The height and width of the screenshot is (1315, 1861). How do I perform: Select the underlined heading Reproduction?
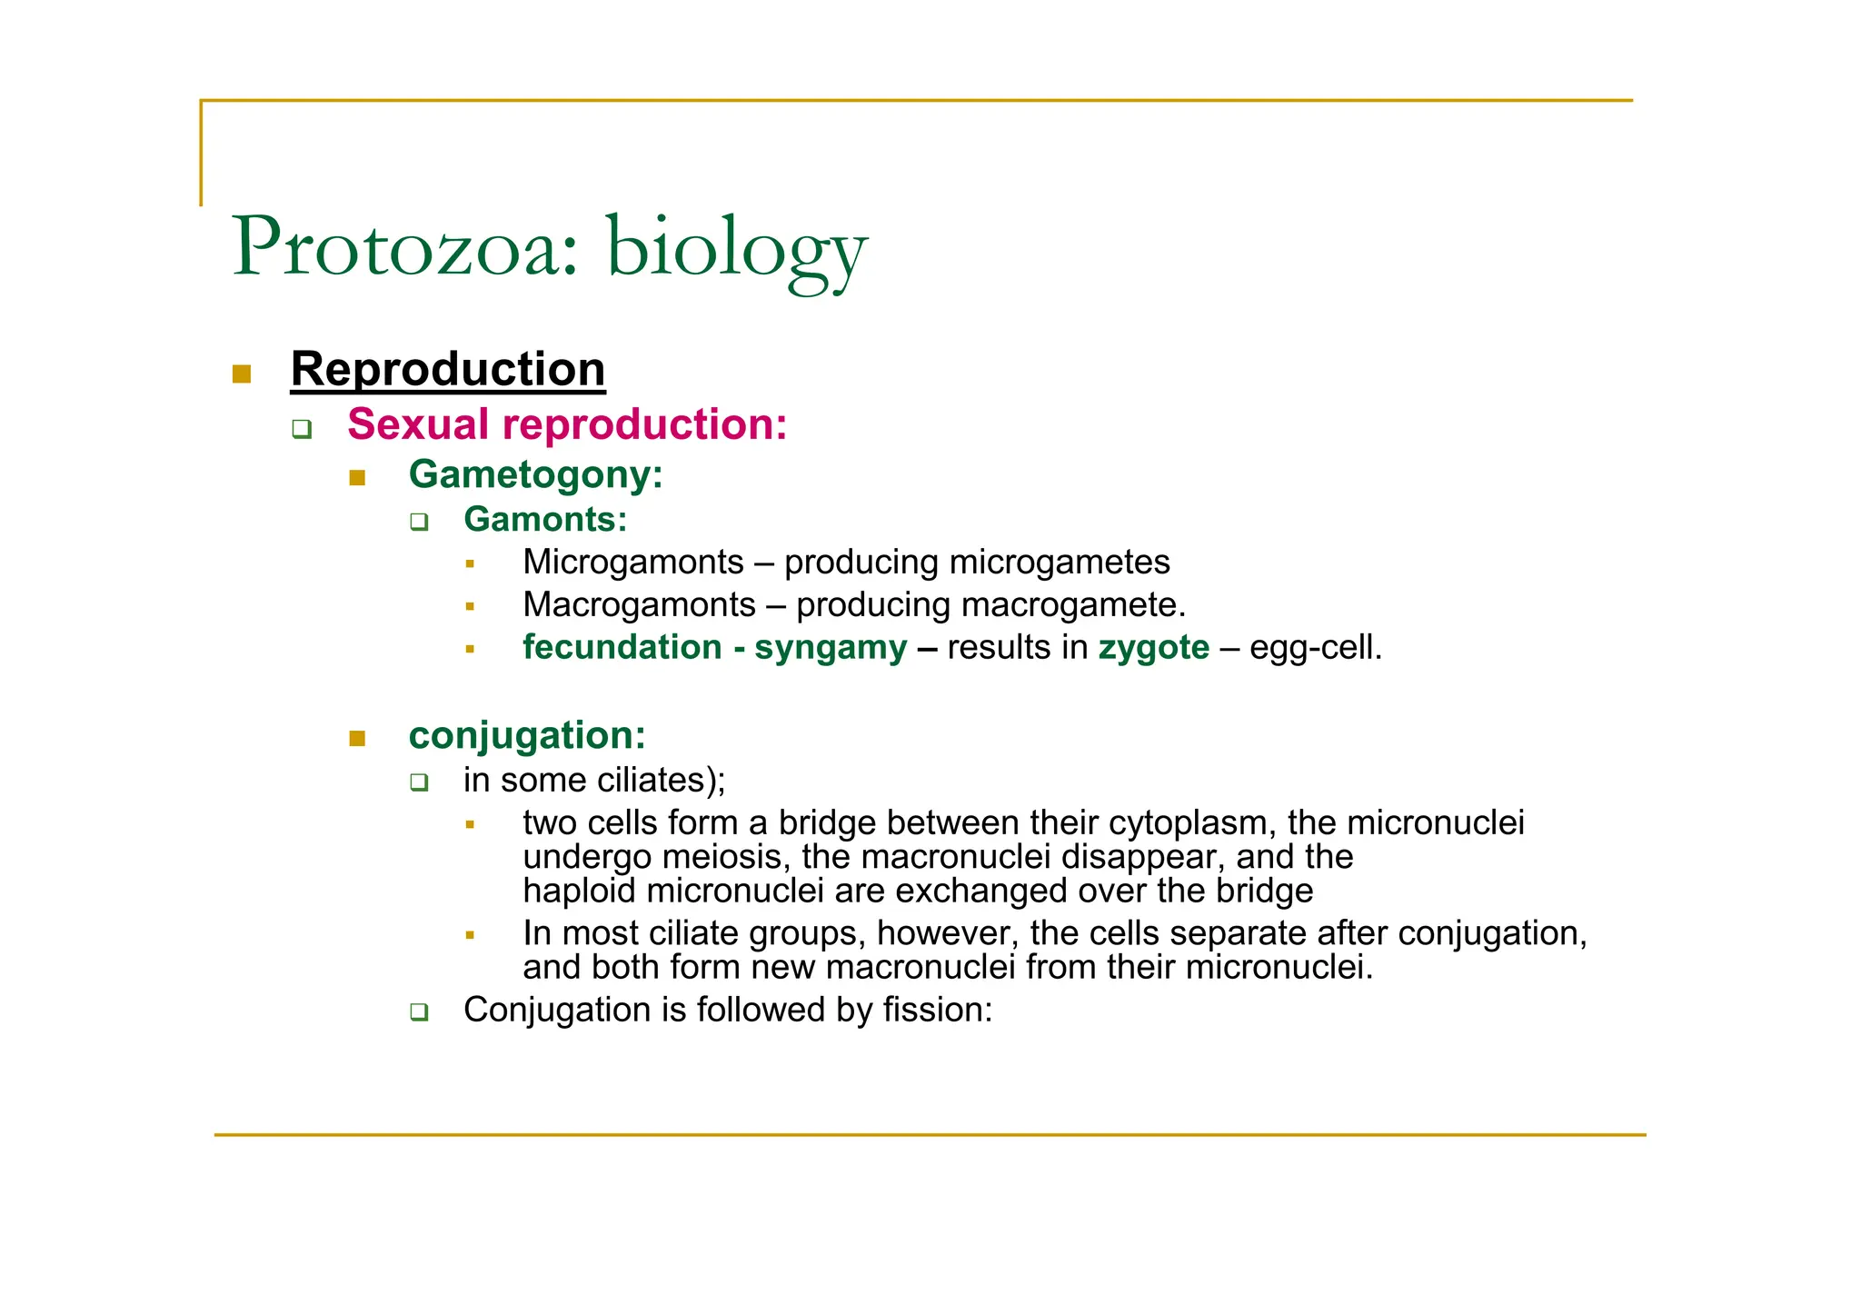(x=447, y=370)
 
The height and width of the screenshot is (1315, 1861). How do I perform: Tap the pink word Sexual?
(x=418, y=424)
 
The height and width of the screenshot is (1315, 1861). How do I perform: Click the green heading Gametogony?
(x=535, y=474)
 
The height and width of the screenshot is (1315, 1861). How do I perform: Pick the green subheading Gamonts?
(x=545, y=520)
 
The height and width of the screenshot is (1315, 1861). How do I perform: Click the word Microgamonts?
(x=633, y=563)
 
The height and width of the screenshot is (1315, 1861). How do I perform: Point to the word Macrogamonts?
(x=639, y=605)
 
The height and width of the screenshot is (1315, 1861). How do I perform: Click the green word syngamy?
(x=831, y=648)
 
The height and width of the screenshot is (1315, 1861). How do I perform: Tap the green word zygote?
(x=1153, y=648)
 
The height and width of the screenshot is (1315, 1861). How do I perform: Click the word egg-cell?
(x=1315, y=648)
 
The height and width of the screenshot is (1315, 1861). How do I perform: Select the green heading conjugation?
(x=527, y=736)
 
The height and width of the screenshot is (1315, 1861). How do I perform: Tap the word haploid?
(x=579, y=891)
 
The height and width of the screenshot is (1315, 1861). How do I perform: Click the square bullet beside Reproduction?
(x=242, y=374)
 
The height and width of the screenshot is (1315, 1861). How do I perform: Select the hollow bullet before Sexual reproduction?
(x=302, y=429)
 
